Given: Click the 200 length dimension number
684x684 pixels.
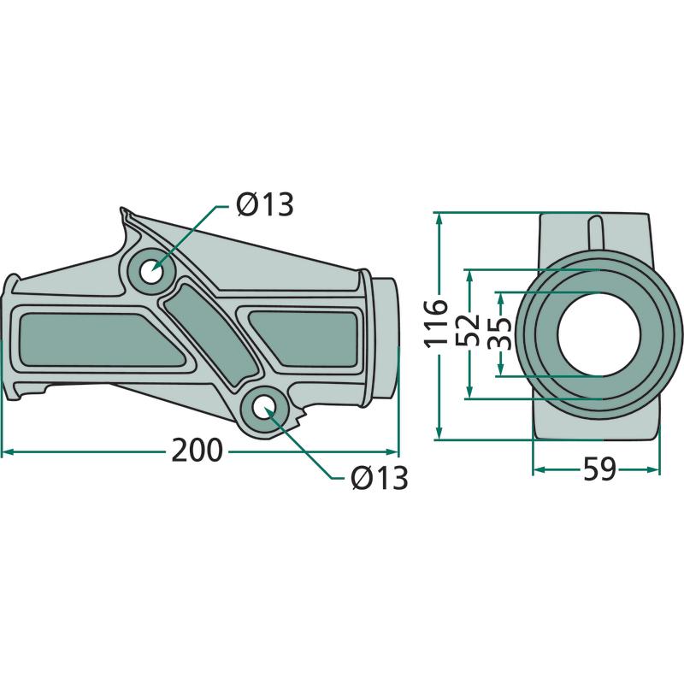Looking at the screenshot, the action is [198, 451].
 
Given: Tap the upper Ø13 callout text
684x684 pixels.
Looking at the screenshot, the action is [265, 204].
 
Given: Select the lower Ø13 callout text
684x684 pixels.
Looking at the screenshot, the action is [379, 478].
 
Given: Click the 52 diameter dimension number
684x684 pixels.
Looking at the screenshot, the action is [468, 329].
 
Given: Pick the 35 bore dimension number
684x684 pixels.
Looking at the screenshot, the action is [499, 333].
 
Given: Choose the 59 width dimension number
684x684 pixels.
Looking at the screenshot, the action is [600, 469].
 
